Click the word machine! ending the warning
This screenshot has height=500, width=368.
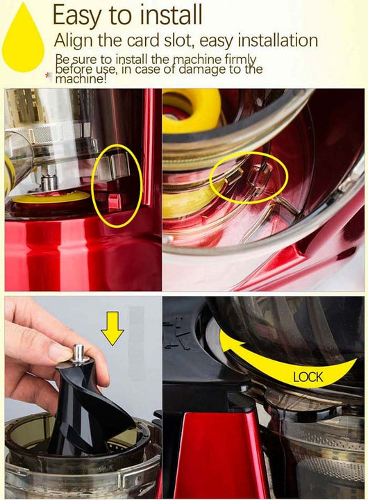click(x=81, y=78)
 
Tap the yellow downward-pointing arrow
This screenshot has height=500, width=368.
click(x=112, y=328)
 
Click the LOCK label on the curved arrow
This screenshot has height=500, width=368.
click(x=308, y=377)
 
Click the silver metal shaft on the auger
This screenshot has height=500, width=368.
click(x=78, y=353)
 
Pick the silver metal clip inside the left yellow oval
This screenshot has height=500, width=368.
click(x=113, y=167)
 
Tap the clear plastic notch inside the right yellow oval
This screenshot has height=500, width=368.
click(x=260, y=180)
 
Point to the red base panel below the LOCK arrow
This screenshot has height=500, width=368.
click(x=221, y=456)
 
